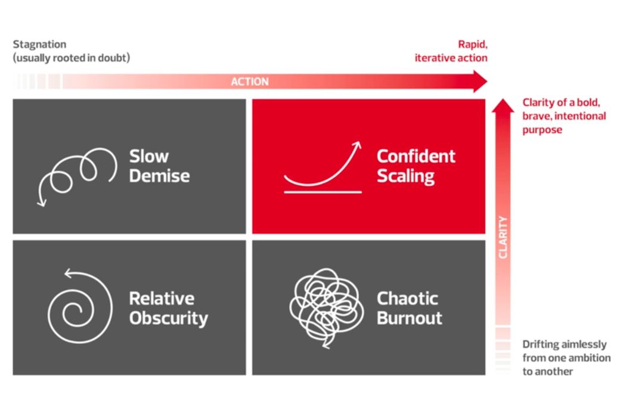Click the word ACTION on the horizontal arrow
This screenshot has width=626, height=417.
(x=250, y=82)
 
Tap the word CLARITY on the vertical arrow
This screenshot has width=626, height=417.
(x=503, y=237)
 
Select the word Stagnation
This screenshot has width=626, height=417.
(x=39, y=45)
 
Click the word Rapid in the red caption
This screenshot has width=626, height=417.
(x=472, y=44)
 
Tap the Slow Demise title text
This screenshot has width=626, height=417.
(x=159, y=166)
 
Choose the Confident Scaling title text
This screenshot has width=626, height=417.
(x=416, y=166)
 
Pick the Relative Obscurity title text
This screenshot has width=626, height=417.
(x=168, y=308)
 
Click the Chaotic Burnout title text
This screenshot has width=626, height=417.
(x=409, y=307)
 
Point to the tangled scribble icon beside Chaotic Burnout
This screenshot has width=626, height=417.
(x=325, y=307)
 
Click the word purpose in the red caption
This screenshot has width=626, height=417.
(x=542, y=129)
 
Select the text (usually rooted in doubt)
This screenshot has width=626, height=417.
(x=72, y=58)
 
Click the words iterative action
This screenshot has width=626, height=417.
(x=451, y=58)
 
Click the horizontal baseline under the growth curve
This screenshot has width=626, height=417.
(x=323, y=192)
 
